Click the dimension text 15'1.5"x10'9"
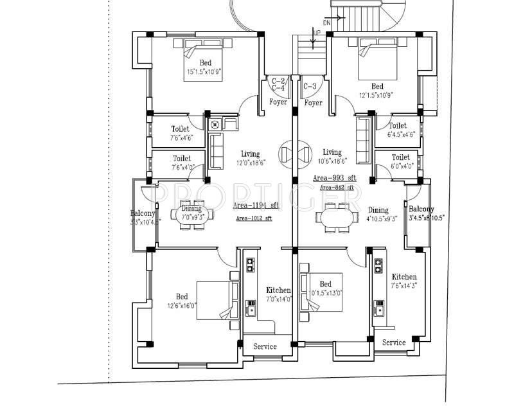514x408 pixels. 203,72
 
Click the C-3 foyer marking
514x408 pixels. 310,85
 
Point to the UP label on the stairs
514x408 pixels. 317,31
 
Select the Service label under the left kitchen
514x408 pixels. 265,346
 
